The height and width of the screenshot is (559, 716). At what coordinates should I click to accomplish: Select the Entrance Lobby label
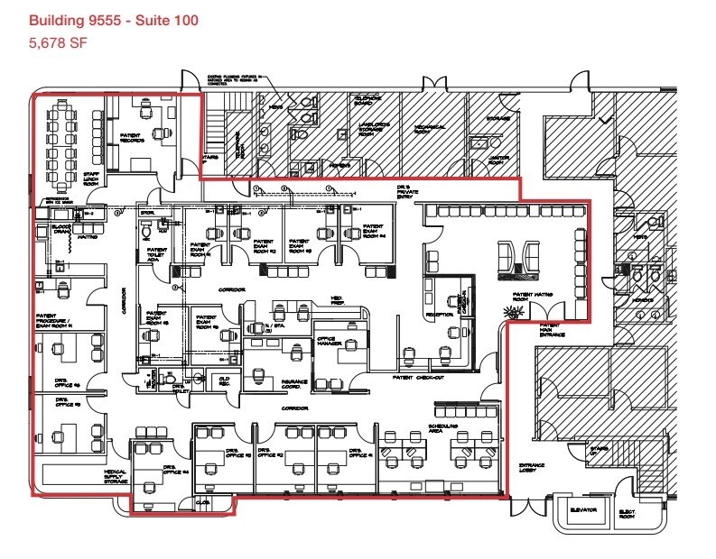pos(532,468)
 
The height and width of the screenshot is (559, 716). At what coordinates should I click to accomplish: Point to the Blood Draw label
pos(61,230)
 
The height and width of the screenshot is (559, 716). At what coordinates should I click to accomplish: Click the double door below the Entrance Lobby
pos(530,506)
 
